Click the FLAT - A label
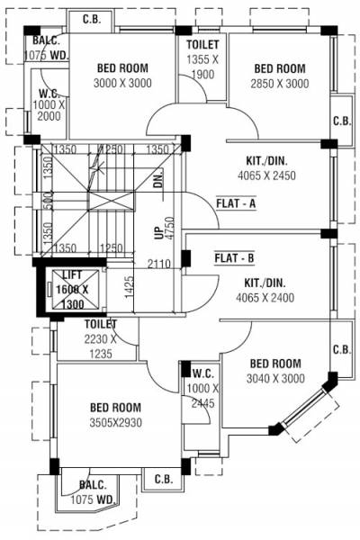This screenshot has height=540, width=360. point(237,203)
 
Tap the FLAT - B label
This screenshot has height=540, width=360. point(236,258)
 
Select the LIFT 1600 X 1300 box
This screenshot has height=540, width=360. point(73,290)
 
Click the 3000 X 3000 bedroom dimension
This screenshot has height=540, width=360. point(121,83)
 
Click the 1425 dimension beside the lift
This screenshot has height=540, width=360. point(129,287)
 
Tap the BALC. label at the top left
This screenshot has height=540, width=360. point(45,41)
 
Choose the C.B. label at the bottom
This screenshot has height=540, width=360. point(163,479)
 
